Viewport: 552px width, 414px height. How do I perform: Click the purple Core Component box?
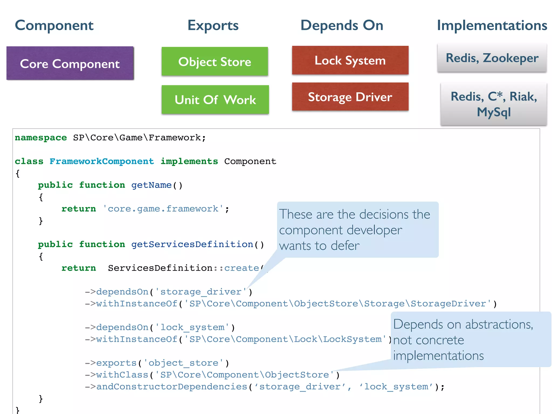click(70, 63)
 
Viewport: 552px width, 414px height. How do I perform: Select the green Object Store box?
click(215, 61)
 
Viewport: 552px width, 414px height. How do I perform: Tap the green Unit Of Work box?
click(215, 99)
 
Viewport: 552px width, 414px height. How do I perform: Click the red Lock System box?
click(350, 60)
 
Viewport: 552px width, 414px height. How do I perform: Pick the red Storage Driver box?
click(350, 97)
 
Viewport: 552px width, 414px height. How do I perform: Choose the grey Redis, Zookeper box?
click(492, 58)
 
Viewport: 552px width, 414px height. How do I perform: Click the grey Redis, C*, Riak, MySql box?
click(494, 104)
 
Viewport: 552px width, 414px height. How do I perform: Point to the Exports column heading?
click(213, 25)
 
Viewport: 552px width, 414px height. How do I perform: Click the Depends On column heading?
click(342, 25)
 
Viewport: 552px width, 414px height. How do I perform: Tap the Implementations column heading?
click(492, 25)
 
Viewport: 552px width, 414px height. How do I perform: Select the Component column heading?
click(54, 25)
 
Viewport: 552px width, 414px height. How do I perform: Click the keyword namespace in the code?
click(41, 137)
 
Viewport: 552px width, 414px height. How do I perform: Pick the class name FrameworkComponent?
click(102, 161)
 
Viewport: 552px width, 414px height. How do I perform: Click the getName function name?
click(151, 185)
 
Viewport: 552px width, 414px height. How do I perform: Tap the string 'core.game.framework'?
click(163, 209)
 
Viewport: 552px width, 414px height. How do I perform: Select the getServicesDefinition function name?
click(192, 244)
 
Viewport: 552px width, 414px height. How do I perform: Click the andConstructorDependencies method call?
click(172, 387)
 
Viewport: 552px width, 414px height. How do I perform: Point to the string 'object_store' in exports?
click(183, 363)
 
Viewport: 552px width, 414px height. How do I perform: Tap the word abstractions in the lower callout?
click(499, 324)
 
